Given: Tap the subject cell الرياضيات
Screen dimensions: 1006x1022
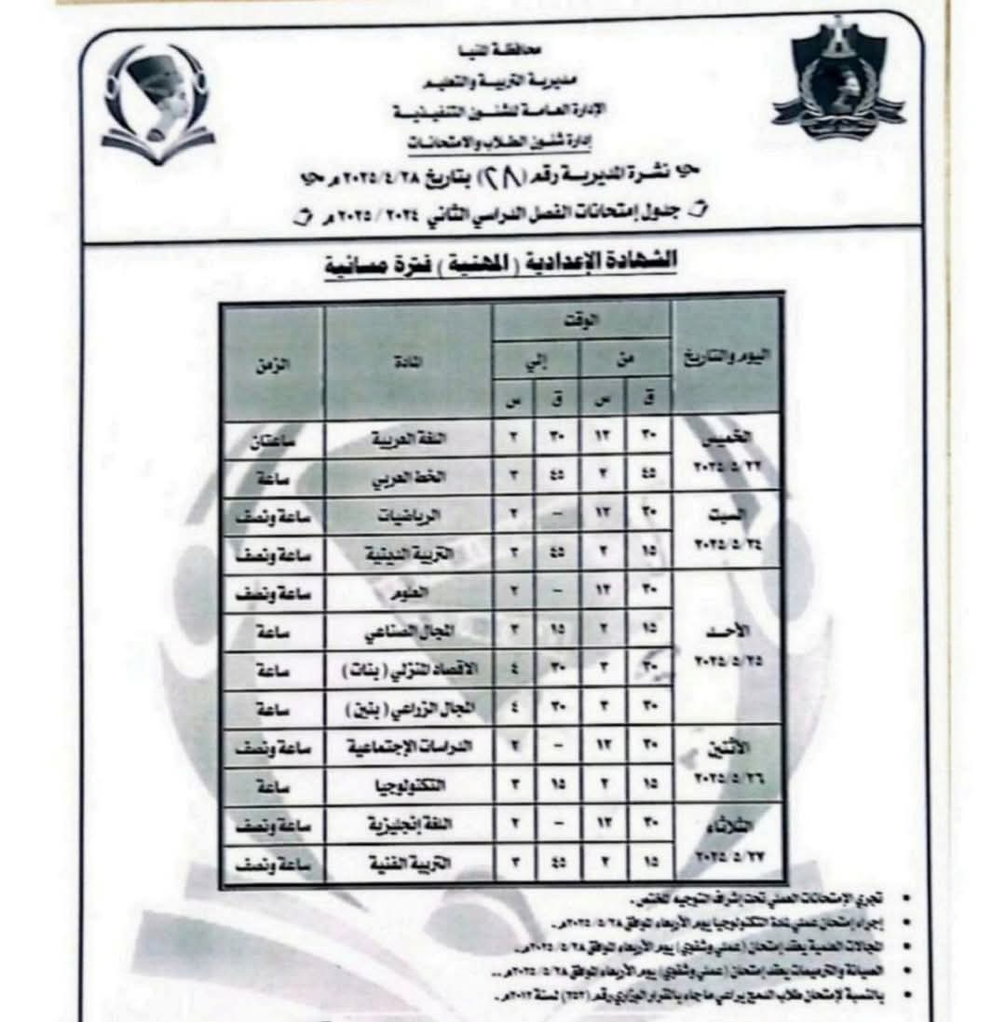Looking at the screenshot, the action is coord(408,516).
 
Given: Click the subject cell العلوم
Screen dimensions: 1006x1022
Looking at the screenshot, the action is coord(408,593).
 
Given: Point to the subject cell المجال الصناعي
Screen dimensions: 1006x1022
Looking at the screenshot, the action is coord(408,632).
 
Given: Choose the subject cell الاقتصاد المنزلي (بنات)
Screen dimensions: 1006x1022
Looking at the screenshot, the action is coord(408,671).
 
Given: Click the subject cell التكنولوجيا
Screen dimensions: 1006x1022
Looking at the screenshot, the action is coord(408,786).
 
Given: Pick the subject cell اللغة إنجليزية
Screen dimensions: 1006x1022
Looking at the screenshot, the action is coord(408,825).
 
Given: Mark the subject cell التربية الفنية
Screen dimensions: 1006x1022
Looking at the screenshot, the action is coord(408,865).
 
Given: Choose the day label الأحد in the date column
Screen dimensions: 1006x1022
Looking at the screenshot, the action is coord(726,631).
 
